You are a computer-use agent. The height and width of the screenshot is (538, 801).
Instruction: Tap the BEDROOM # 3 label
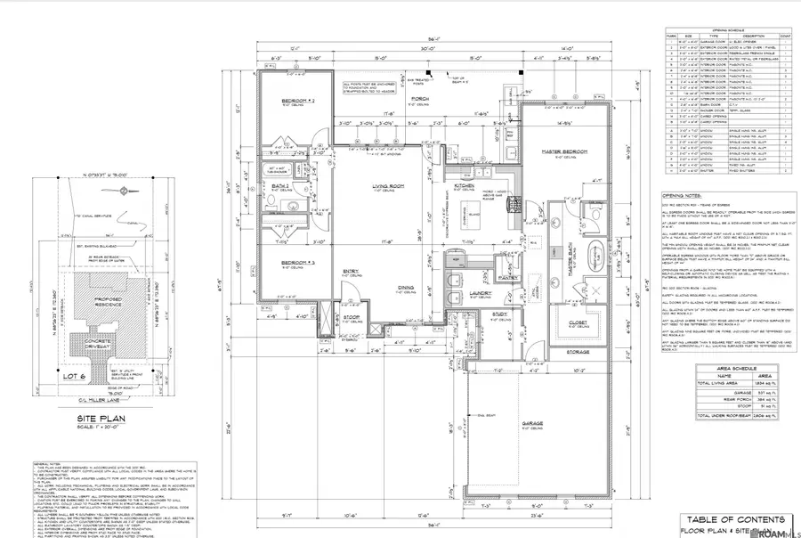(292, 262)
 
